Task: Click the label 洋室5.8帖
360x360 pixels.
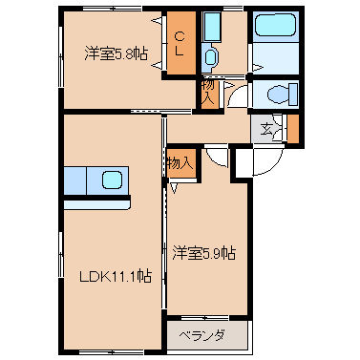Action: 116,53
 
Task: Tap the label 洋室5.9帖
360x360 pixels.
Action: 204,253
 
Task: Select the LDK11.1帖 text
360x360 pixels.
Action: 116,276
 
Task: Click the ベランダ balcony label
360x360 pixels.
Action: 201,335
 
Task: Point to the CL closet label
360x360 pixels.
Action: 180,44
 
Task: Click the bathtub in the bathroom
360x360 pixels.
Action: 276,25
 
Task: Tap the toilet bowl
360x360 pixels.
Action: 278,95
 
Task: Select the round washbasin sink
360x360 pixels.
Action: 210,57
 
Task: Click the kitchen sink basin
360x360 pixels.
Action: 112,180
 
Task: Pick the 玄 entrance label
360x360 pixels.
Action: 266,129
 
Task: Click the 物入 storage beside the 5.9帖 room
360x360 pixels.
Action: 180,163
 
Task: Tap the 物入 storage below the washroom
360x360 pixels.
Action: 208,93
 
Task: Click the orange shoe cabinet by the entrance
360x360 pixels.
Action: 293,128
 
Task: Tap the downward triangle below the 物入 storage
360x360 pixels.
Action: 174,188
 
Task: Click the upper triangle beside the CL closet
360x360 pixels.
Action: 157,21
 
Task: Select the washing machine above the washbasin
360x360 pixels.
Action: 212,27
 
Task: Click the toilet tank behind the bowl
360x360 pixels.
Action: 293,95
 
